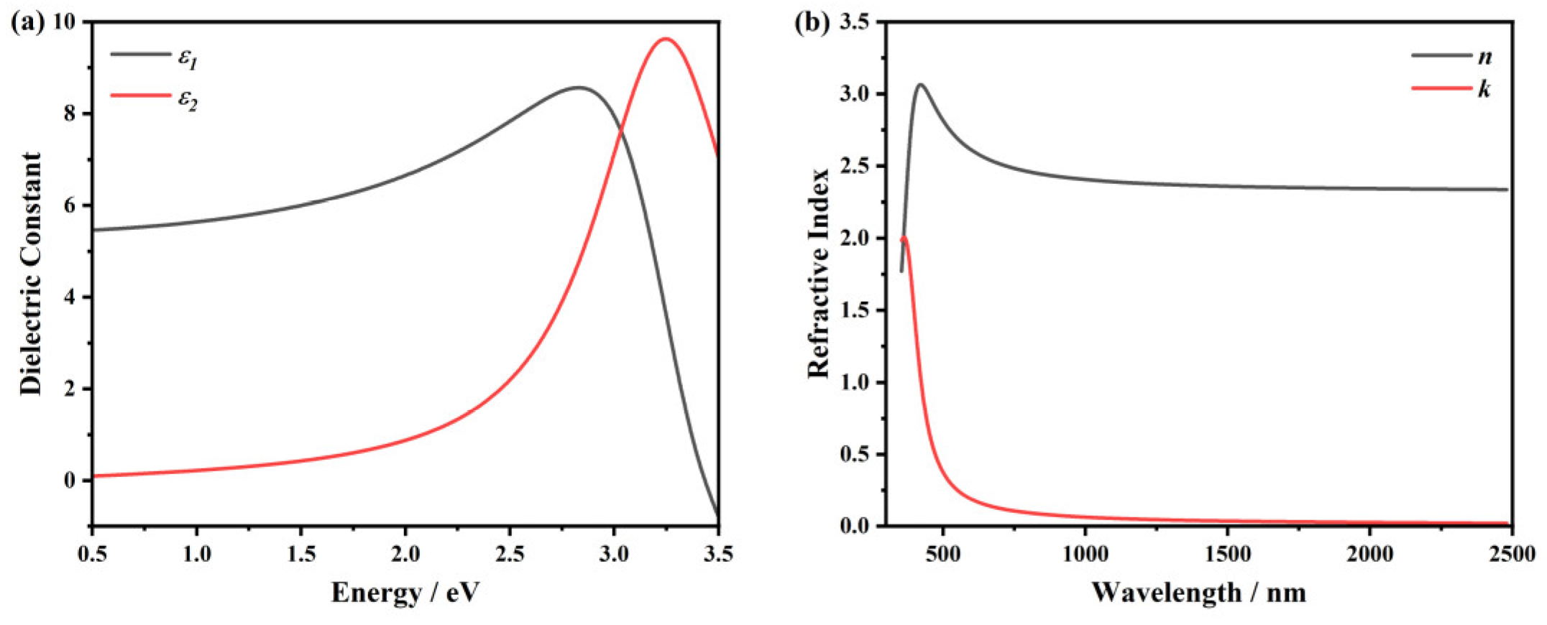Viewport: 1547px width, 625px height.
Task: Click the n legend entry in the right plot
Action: pyautogui.click(x=1484, y=56)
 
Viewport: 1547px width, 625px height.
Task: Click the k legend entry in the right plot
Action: pyautogui.click(x=1484, y=90)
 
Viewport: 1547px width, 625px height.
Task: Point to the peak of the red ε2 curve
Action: pyautogui.click(x=666, y=39)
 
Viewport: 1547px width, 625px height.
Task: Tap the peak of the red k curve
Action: pyautogui.click(x=904, y=238)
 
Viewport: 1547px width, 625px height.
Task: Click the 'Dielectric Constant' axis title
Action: pyautogui.click(x=31, y=273)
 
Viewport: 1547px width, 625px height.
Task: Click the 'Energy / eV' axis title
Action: pyautogui.click(x=405, y=593)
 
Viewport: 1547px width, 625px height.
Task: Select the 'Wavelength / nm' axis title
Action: pyautogui.click(x=1198, y=593)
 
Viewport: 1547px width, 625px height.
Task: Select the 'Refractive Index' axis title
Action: pyautogui.click(x=818, y=273)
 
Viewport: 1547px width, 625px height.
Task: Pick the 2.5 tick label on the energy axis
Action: pyautogui.click(x=509, y=554)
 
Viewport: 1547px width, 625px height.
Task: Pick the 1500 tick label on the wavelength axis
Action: pyautogui.click(x=1227, y=554)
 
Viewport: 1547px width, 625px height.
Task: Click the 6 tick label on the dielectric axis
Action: pyautogui.click(x=69, y=206)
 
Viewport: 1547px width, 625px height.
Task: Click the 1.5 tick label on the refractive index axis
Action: pyautogui.click(x=853, y=310)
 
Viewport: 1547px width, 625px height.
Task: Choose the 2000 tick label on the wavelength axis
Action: pyautogui.click(x=1369, y=554)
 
